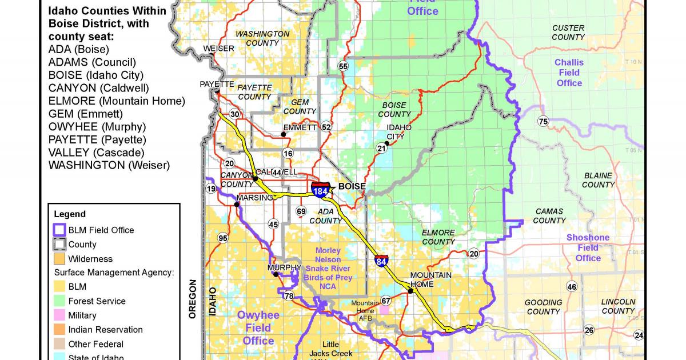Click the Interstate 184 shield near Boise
[321, 190]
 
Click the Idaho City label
[399, 132]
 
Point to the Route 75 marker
[543, 121]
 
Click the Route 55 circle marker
[343, 66]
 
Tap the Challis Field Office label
[569, 73]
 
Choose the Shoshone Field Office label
[588, 247]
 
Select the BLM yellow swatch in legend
[59, 287]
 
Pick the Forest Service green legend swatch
[59, 301]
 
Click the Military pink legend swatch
[59, 315]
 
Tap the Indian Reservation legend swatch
[59, 330]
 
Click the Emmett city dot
[283, 135]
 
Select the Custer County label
[568, 33]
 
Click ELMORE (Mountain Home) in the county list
[117, 101]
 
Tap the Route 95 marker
[222, 238]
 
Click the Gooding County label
[543, 307]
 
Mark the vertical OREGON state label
[193, 298]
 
